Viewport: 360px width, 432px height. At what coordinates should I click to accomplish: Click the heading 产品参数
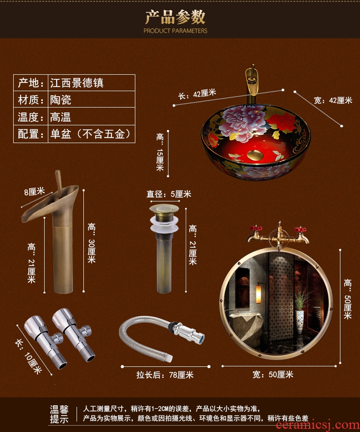point(175,17)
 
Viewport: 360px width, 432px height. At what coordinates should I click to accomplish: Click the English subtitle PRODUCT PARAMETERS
point(175,31)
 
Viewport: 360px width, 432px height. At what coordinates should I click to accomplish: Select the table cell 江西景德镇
point(77,82)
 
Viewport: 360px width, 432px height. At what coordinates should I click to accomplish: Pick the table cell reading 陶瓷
point(61,100)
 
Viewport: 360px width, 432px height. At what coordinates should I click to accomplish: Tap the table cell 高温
point(61,117)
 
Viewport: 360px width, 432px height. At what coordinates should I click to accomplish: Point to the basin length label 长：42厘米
point(197,94)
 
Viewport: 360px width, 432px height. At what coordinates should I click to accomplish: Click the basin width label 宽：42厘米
point(333,100)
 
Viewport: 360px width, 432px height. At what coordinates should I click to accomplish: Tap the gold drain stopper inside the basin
point(255,155)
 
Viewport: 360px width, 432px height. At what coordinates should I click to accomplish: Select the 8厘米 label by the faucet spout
point(35,191)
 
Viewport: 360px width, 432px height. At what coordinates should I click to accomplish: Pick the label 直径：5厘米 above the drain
point(169,194)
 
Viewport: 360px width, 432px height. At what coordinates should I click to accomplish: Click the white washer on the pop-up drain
point(165,224)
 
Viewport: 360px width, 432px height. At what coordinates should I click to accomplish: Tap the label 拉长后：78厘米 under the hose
point(165,375)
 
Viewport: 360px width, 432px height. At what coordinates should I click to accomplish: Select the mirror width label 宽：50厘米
point(273,375)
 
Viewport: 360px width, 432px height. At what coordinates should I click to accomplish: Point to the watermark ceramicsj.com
point(318,425)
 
